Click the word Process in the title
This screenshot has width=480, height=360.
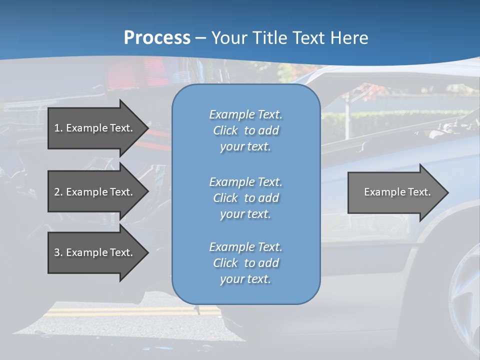pos(157,38)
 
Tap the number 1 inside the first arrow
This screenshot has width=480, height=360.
pos(57,128)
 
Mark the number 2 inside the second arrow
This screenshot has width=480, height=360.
pos(57,192)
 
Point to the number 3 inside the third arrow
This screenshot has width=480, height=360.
pos(57,252)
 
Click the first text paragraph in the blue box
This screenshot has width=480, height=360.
pos(245,130)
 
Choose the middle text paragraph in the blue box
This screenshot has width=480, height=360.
pos(245,198)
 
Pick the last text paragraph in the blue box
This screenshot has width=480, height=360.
pos(245,263)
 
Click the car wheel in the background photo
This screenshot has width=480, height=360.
pos(465,300)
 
